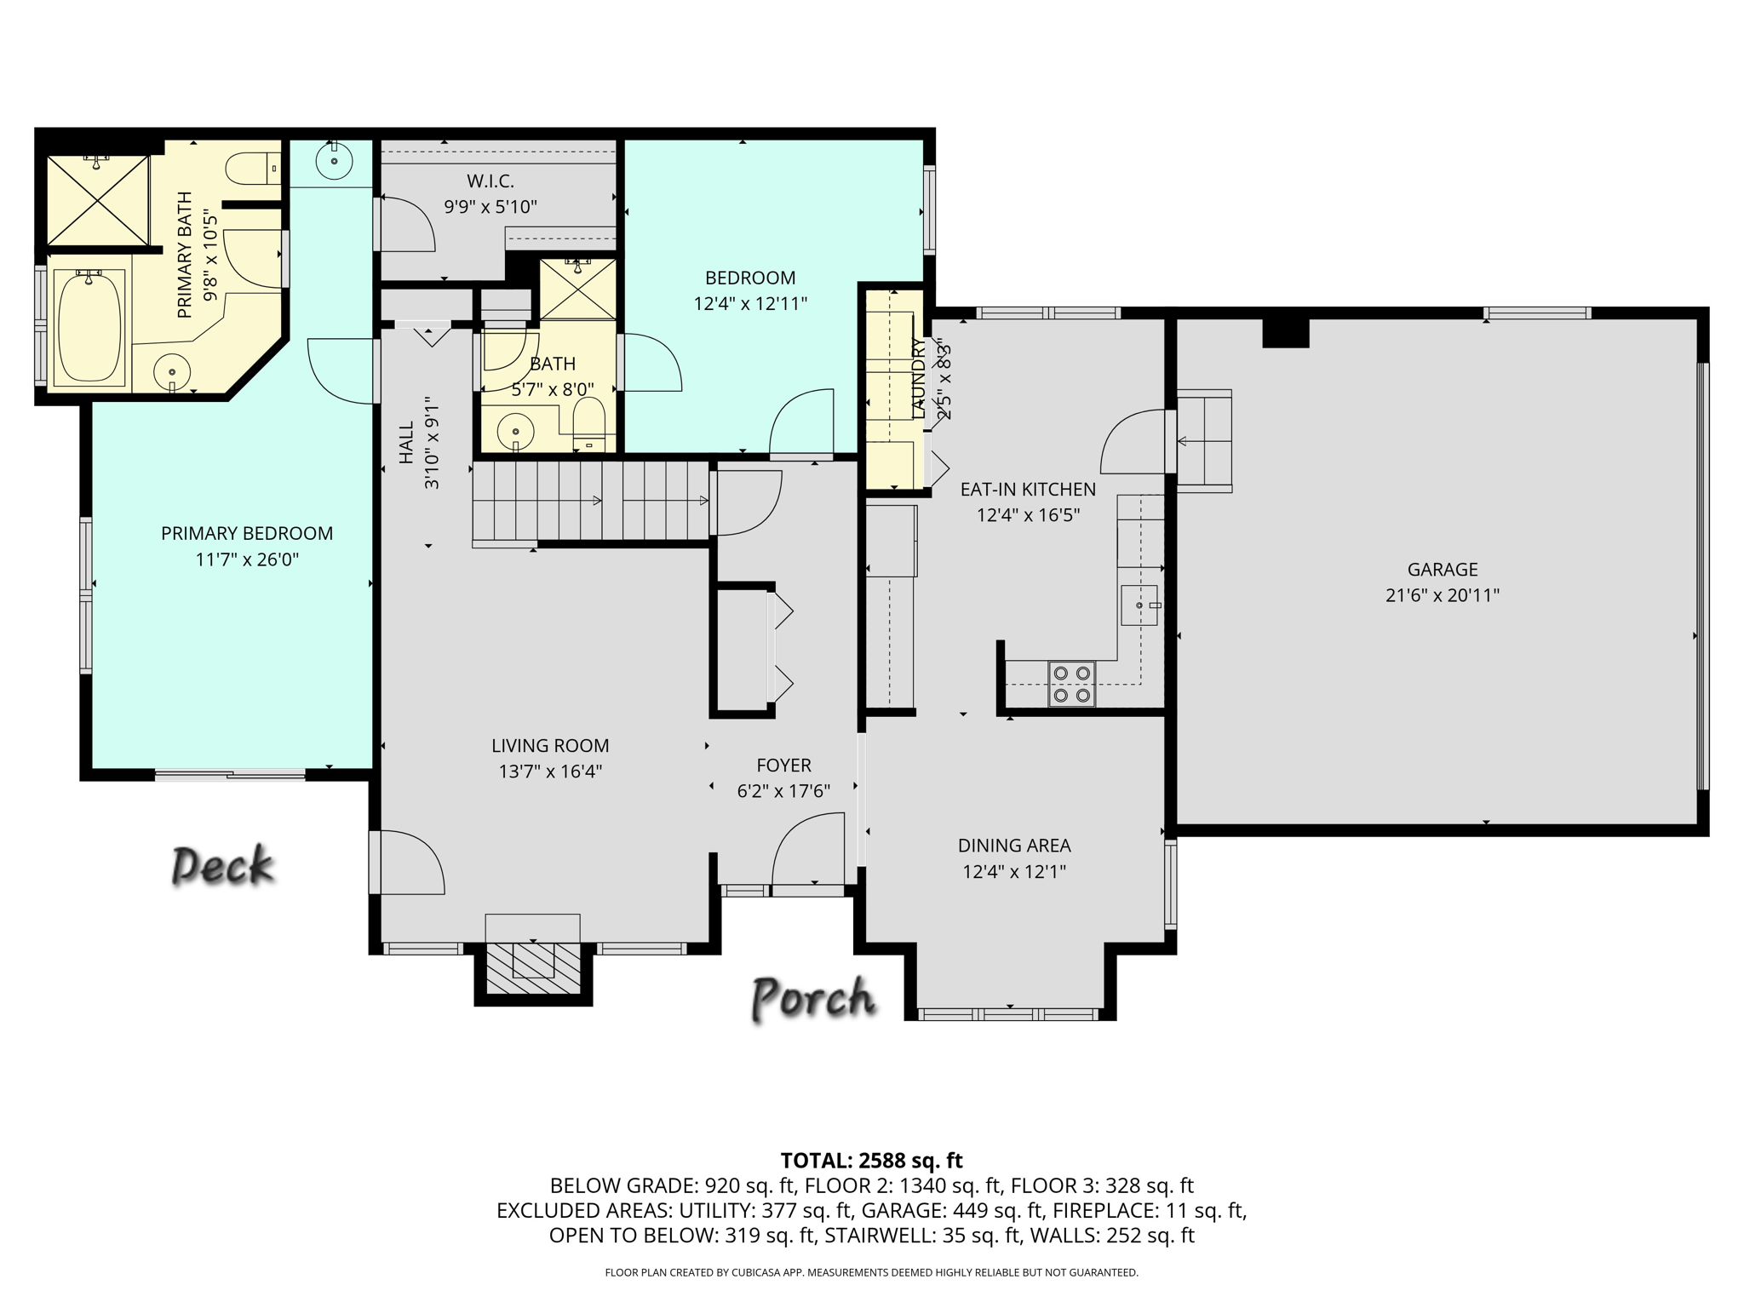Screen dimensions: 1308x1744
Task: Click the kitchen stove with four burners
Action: point(1071,684)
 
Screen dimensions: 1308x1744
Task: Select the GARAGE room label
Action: point(1442,570)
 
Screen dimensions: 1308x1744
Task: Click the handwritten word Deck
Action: point(222,866)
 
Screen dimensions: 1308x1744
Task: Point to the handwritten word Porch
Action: point(813,998)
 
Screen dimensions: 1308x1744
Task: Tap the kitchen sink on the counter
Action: point(1139,605)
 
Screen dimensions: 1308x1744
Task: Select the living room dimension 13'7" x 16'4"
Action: point(550,772)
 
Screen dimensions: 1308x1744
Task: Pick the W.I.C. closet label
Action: point(490,181)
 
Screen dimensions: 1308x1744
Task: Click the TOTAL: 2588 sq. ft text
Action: point(871,1161)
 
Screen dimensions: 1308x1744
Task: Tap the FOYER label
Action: point(783,766)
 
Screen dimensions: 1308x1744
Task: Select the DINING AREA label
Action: point(1014,846)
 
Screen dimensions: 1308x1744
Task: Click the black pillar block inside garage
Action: point(1285,332)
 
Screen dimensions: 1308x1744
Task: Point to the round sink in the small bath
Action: point(515,431)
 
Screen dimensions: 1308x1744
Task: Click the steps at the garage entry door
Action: point(1204,441)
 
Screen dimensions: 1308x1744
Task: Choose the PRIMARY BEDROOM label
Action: point(247,534)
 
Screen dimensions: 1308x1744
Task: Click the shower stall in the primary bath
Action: point(98,200)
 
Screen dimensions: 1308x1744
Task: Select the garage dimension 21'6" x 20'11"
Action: point(1442,595)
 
